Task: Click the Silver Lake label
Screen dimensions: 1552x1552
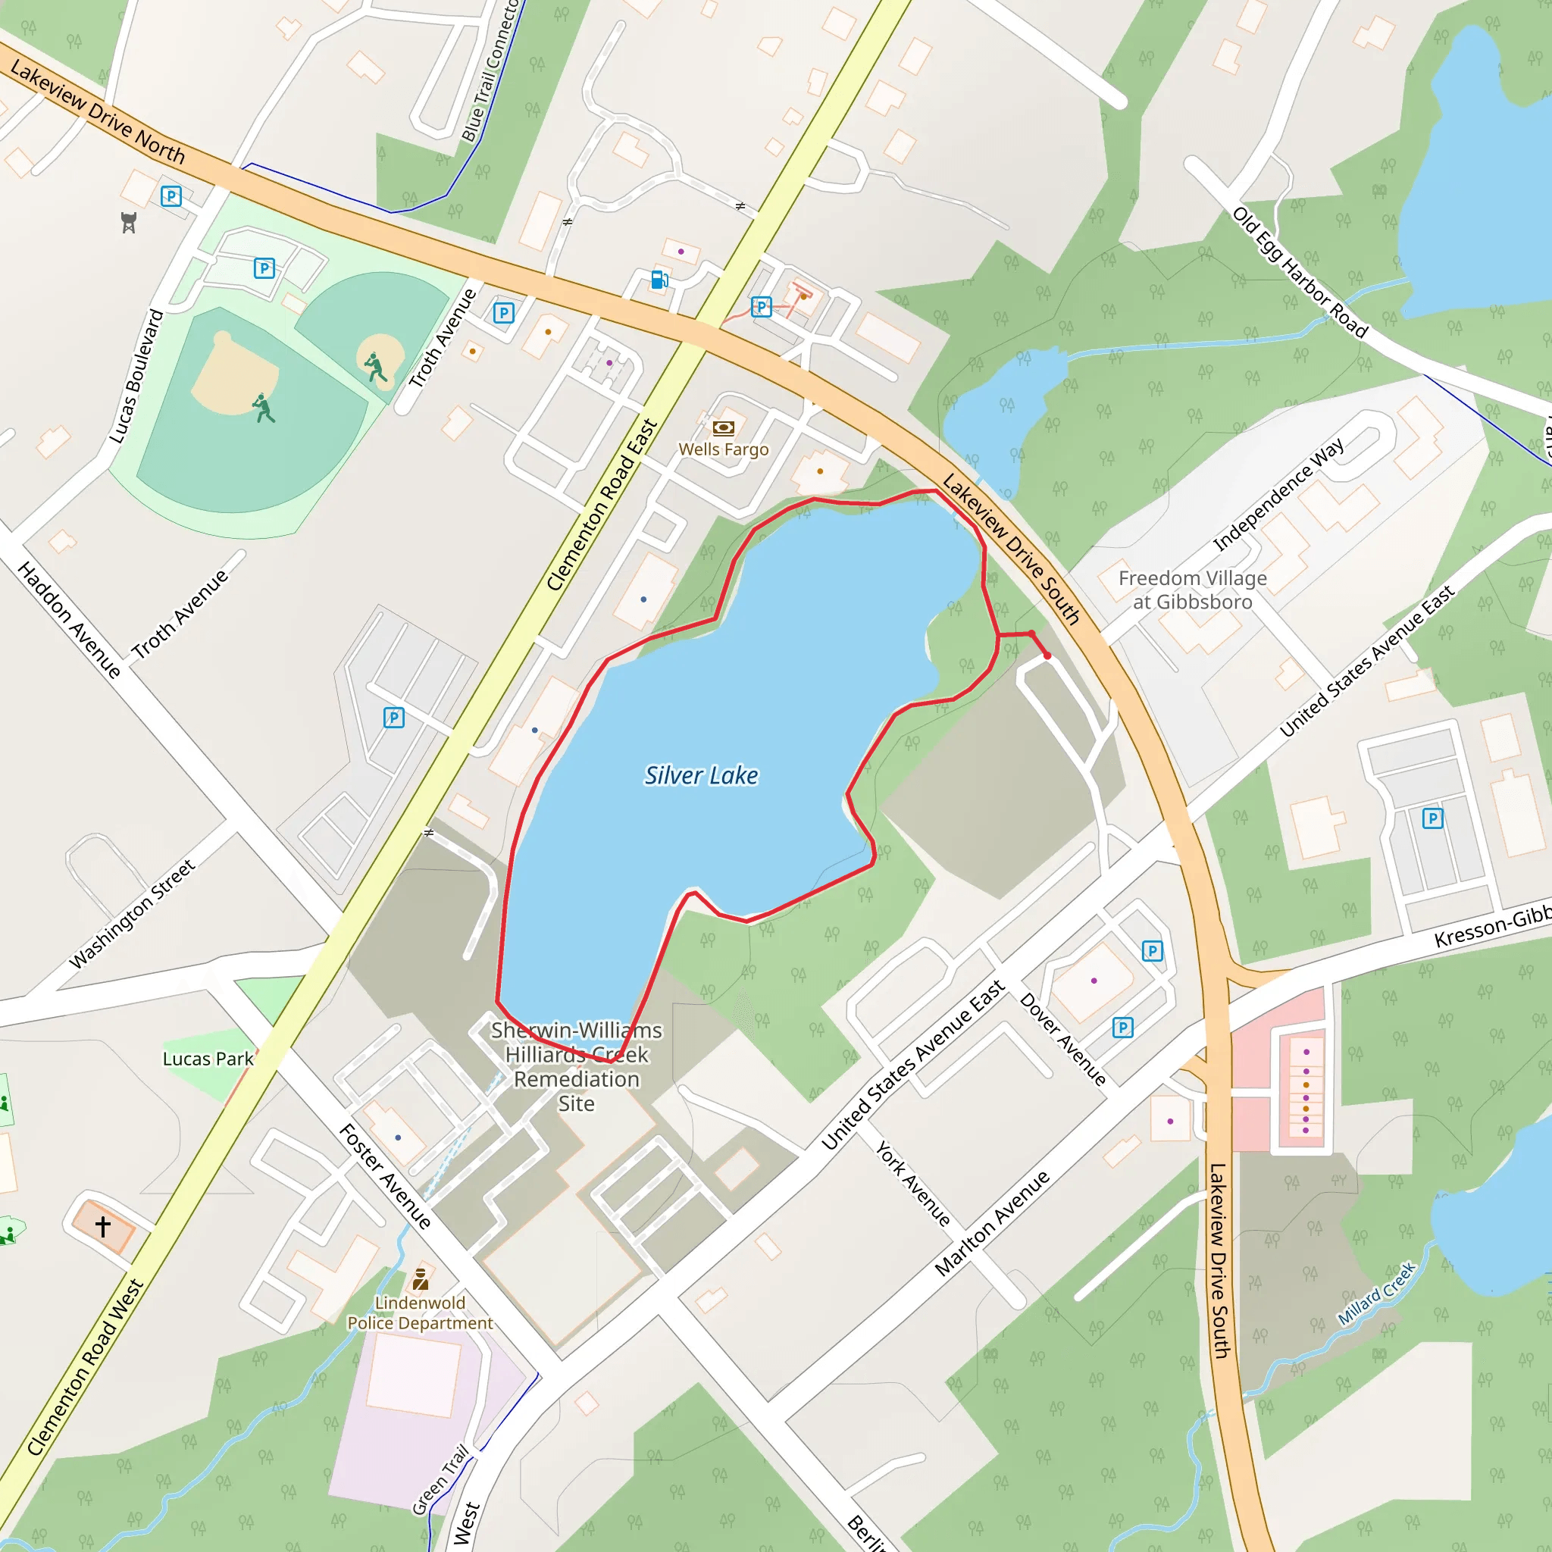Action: tap(701, 775)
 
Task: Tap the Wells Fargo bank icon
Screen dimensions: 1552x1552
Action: tap(723, 428)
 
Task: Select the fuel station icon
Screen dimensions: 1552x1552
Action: tap(659, 280)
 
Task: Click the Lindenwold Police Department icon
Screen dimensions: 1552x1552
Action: tap(420, 1278)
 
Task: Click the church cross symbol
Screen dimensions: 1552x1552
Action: tap(103, 1227)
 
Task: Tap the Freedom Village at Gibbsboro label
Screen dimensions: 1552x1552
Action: tap(1192, 590)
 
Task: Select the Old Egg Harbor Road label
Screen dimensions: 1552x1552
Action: tap(1299, 272)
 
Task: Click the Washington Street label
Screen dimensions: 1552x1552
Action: tap(133, 913)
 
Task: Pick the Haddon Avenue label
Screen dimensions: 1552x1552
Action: tap(69, 619)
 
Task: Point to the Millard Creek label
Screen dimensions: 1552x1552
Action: tap(1376, 1294)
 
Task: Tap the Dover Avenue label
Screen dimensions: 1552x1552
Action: tap(1062, 1039)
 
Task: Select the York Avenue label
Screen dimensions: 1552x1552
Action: tap(912, 1182)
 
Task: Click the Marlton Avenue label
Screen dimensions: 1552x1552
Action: tap(992, 1222)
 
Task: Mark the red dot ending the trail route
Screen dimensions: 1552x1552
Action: tap(1047, 656)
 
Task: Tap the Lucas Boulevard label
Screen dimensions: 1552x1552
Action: tap(136, 376)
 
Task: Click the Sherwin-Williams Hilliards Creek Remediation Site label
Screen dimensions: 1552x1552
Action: tap(577, 1066)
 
